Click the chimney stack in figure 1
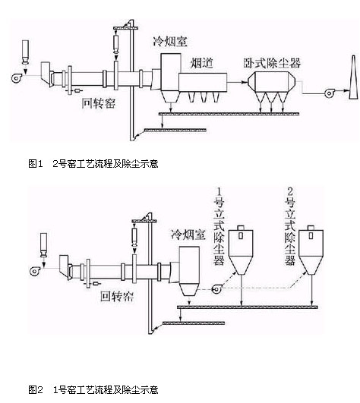354,77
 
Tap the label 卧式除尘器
272,63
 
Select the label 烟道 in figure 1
202,63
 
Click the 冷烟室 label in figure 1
170,42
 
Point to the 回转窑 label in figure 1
99,103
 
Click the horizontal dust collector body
272,81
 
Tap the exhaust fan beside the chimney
329,93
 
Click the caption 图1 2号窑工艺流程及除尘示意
93,163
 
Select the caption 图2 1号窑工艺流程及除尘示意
93,390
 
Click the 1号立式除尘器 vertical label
219,227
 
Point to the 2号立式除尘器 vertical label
290,227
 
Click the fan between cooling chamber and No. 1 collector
216,289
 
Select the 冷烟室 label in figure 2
188,235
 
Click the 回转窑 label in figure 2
117,296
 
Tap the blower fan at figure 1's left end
17,77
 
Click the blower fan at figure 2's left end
35,271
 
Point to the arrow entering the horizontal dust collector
237,82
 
